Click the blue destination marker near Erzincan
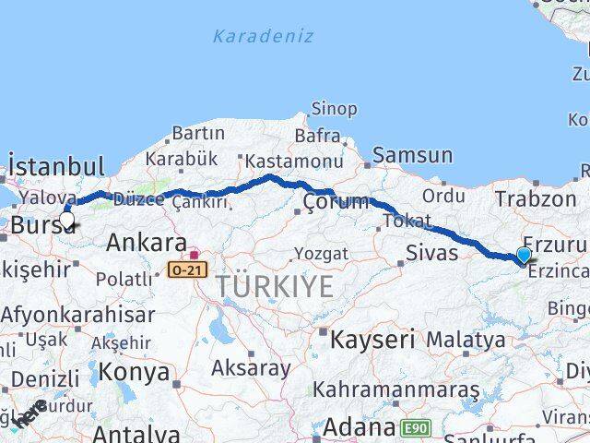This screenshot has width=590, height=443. [524, 256]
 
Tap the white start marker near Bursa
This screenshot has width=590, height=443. [66, 221]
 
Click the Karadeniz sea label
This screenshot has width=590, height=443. [264, 37]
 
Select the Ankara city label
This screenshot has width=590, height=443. [147, 243]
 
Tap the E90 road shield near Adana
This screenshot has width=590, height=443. [416, 427]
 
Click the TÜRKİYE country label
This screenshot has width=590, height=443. [276, 287]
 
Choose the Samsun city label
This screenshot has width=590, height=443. [413, 156]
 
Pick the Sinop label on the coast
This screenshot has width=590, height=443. [334, 109]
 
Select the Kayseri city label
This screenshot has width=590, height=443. [372, 339]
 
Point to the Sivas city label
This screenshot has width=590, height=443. [432, 252]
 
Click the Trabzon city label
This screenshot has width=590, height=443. [535, 198]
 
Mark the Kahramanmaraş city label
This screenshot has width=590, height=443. [396, 389]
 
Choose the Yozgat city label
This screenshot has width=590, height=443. [321, 253]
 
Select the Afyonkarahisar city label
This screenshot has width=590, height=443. [77, 314]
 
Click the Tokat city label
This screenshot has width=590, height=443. [407, 221]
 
